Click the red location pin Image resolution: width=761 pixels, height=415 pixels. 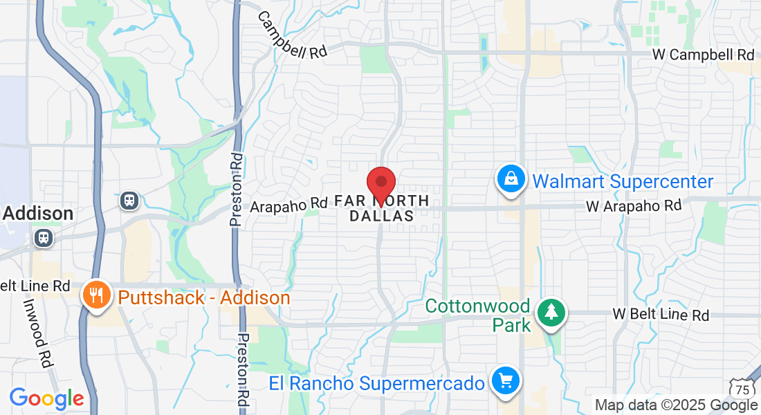380,184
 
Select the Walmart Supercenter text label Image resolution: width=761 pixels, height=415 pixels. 623,182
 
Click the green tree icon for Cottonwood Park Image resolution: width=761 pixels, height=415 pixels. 551,313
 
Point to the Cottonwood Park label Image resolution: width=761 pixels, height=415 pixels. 478,315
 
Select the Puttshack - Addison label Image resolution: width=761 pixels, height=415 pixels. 204,298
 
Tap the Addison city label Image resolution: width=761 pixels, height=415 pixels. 38,213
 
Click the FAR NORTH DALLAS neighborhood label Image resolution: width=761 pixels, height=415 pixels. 381,208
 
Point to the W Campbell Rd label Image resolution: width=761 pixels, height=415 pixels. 703,54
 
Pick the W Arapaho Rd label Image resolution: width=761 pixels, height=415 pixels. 634,205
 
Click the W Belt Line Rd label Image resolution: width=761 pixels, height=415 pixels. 661,315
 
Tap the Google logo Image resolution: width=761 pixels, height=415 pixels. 46,398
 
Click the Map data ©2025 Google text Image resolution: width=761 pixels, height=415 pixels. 677,405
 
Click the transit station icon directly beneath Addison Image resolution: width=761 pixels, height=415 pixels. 43,238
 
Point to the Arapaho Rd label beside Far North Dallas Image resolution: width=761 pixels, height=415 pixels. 288,205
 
